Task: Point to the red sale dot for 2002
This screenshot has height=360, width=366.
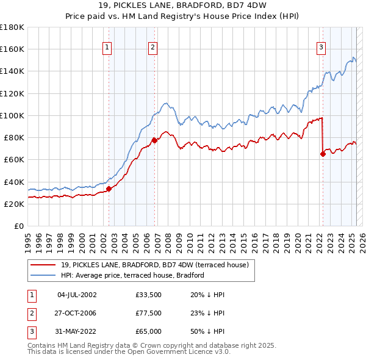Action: pyautogui.click(x=109, y=189)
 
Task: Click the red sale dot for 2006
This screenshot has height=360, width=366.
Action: pyautogui.click(x=154, y=140)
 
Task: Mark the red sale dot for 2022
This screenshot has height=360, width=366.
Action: pyautogui.click(x=323, y=154)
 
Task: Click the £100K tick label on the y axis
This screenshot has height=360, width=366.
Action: pyautogui.click(x=12, y=115)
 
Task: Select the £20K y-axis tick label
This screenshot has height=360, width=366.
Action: pyautogui.click(x=13, y=204)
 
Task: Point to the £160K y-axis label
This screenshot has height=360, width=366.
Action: pyautogui.click(x=12, y=49)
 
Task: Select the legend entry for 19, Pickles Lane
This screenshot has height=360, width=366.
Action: pyautogui.click(x=154, y=265)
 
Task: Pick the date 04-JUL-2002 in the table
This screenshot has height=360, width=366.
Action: pyautogui.click(x=77, y=295)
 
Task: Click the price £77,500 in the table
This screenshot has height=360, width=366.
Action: pyautogui.click(x=149, y=313)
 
